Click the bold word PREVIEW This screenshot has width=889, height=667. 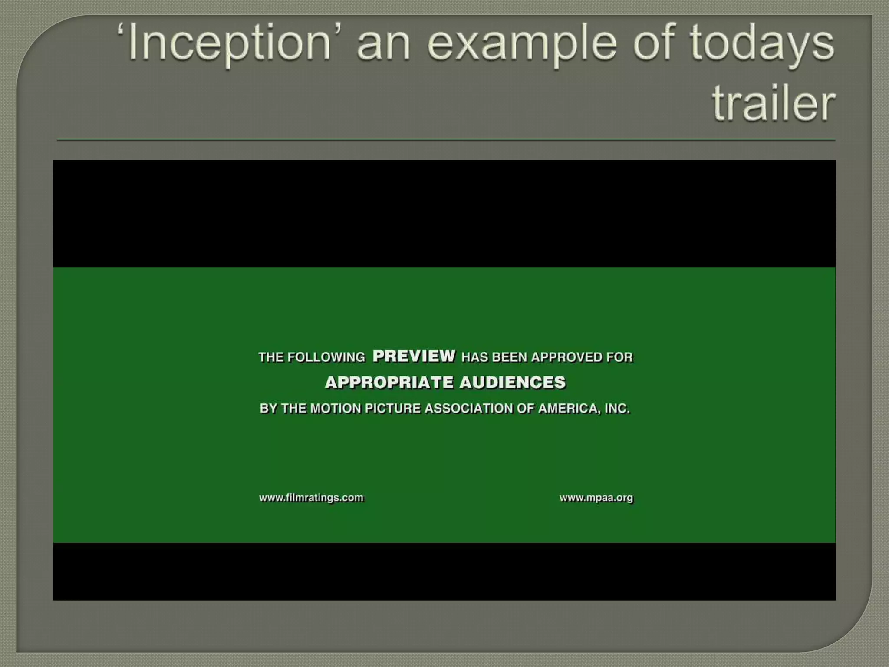(x=414, y=356)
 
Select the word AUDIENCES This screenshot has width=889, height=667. (x=512, y=383)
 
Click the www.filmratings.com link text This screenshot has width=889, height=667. (x=311, y=498)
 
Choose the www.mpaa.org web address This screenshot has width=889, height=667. (x=596, y=498)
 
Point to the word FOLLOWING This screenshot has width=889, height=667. (x=326, y=357)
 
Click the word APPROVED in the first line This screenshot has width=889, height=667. (x=567, y=357)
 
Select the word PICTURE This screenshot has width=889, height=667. (x=393, y=409)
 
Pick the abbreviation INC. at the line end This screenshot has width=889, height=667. (x=617, y=409)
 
